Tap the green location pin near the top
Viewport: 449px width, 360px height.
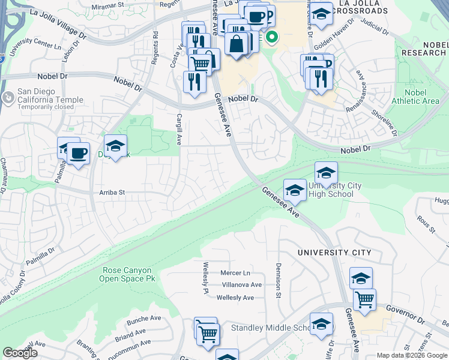[272, 38]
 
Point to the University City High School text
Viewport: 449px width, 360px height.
[334, 190]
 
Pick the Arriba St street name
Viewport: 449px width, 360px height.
[111, 193]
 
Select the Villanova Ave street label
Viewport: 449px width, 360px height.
[242, 285]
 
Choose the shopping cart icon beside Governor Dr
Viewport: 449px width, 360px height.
[364, 300]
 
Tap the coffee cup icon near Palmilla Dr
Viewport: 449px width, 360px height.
[78, 154]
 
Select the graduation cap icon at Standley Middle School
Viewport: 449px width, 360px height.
[322, 324]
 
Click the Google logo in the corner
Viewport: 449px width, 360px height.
[20, 353]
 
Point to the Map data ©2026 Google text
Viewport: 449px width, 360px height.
[411, 355]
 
